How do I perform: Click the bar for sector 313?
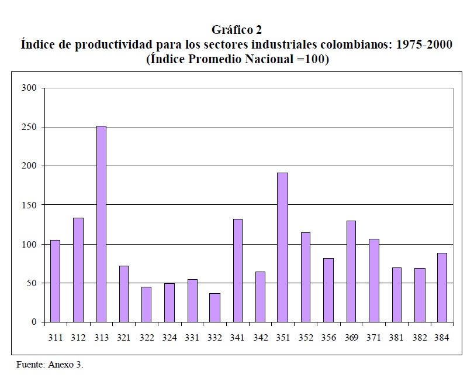(x=101, y=224)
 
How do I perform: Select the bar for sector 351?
(x=283, y=248)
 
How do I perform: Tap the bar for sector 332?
(x=214, y=307)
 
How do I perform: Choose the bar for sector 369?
(x=351, y=271)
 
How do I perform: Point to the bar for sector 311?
(x=55, y=281)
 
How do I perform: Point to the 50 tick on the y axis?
(x=33, y=283)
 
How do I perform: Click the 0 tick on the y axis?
(x=35, y=322)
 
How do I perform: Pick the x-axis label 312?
(x=78, y=338)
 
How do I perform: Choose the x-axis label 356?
(x=328, y=338)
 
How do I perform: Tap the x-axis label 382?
(x=420, y=338)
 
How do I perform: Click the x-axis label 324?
(x=169, y=338)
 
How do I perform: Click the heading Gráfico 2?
(x=237, y=30)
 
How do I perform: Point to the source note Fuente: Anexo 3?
(x=50, y=365)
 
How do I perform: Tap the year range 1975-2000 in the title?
(x=424, y=44)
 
